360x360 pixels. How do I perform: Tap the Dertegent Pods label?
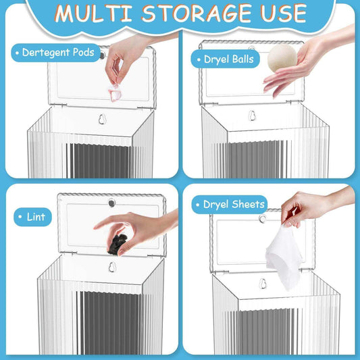coord(57,52)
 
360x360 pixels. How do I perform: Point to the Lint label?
coord(32,217)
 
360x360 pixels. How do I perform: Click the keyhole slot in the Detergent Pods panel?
coord(103,120)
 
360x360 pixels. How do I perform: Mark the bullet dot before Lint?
coord(20,217)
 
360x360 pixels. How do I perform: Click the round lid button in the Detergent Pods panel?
coord(103,51)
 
